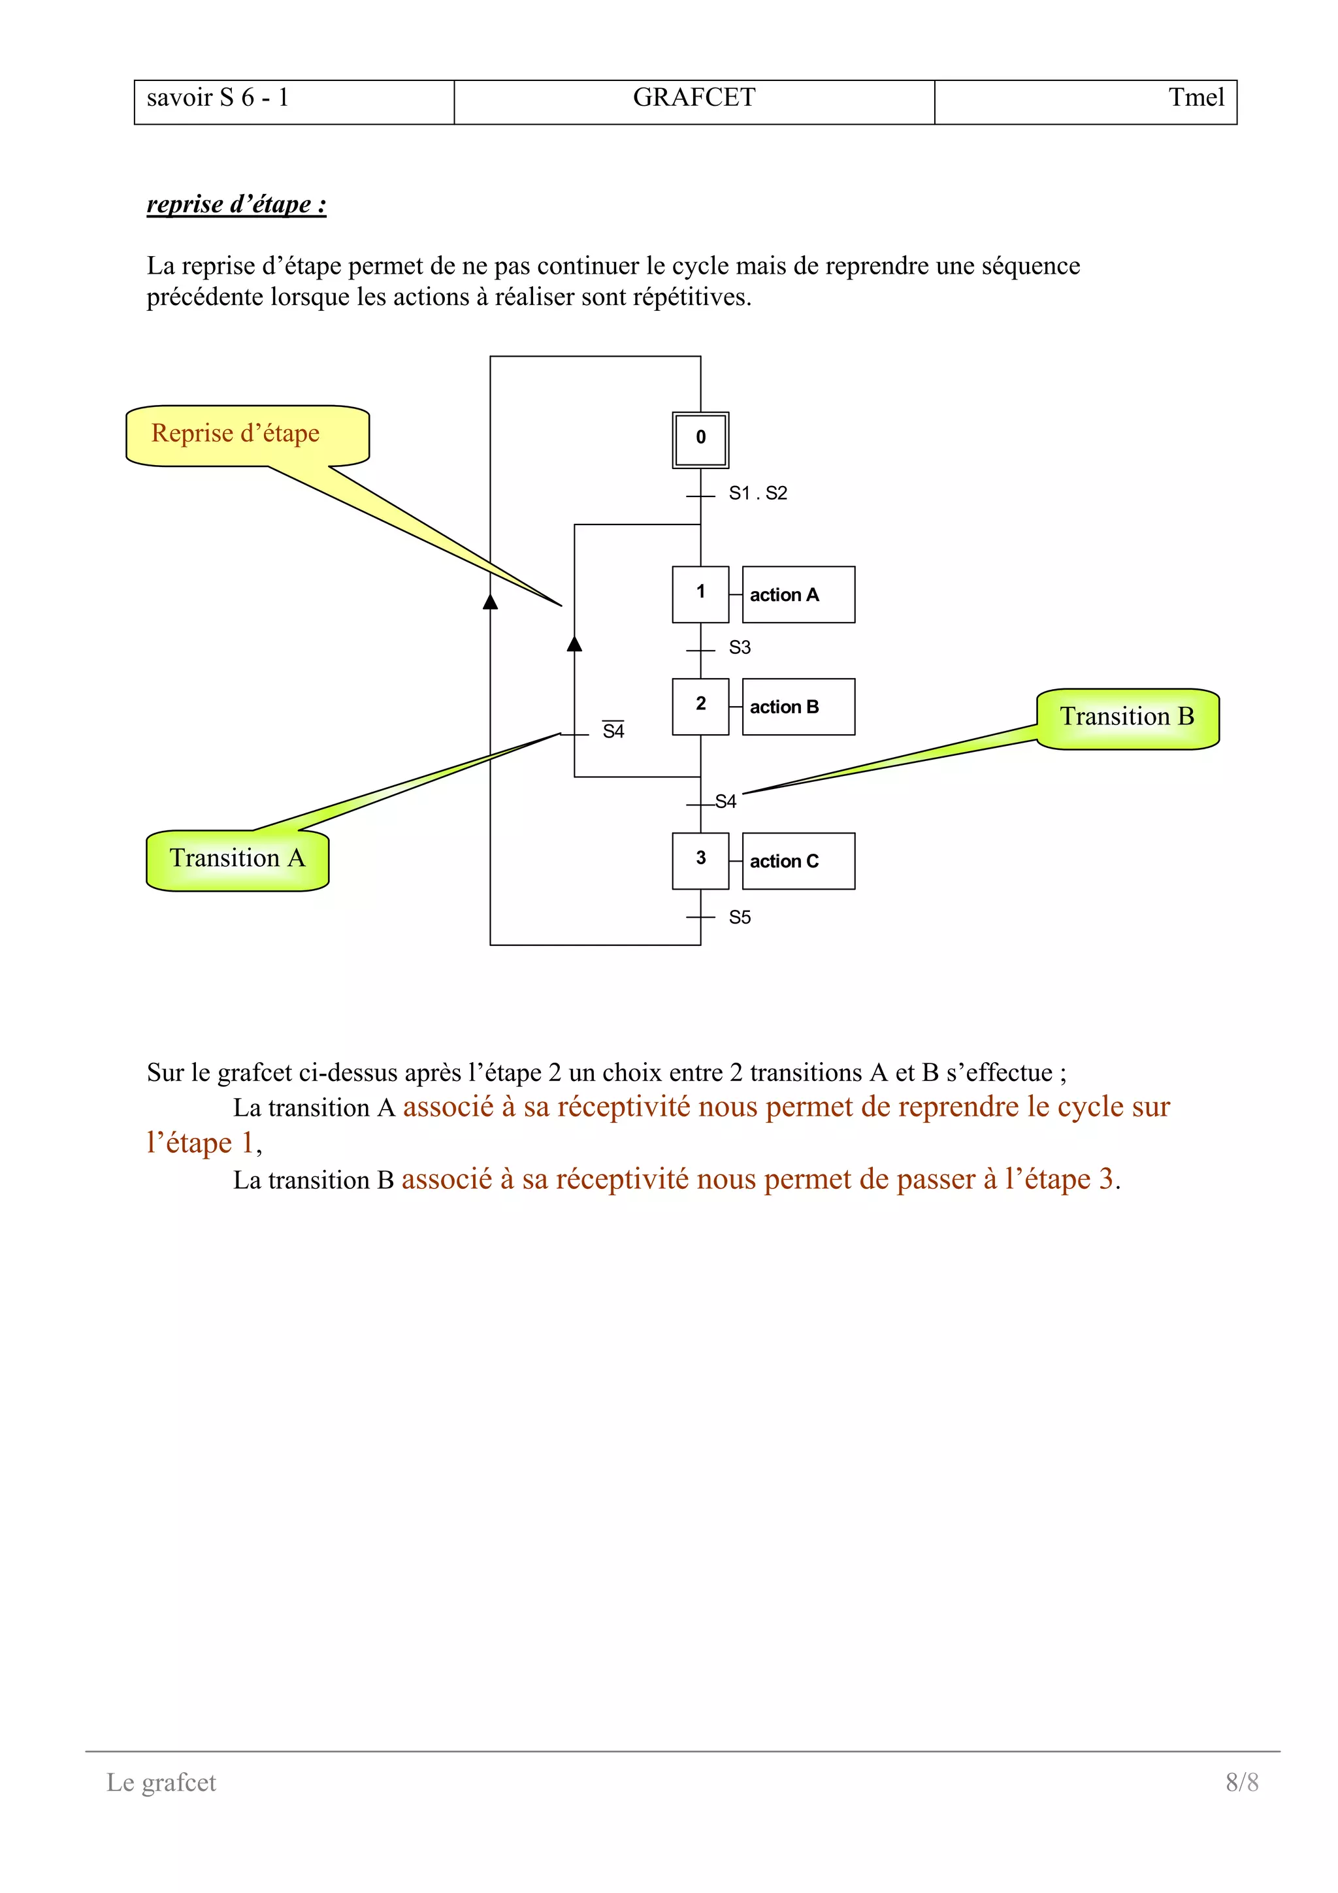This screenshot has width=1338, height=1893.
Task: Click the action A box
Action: point(797,594)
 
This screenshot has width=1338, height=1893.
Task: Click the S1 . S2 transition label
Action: point(758,493)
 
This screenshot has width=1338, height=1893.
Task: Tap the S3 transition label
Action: point(740,647)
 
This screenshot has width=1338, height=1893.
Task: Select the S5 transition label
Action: point(740,917)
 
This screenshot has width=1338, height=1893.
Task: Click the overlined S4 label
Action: point(613,730)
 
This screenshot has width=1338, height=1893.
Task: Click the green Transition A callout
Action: point(237,859)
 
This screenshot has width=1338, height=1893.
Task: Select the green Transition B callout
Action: point(1127,717)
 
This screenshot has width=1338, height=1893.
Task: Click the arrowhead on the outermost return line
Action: point(491,601)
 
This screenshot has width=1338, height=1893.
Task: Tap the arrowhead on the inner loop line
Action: point(575,643)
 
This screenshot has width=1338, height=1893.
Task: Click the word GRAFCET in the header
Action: point(693,97)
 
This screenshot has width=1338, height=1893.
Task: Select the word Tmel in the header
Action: point(1196,97)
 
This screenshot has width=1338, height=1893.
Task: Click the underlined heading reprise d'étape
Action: point(237,204)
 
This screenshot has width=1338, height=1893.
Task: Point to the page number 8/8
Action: point(1241,1782)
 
